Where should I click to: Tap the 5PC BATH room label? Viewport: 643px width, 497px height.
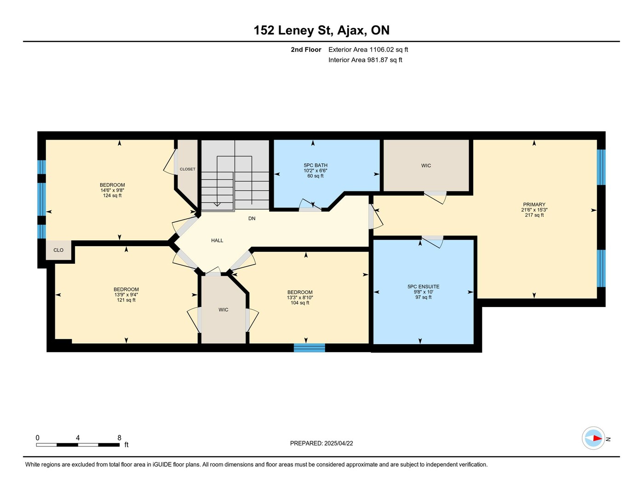(x=316, y=166)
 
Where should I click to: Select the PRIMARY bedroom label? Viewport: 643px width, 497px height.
(x=534, y=204)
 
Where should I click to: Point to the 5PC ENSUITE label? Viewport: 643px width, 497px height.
(x=423, y=287)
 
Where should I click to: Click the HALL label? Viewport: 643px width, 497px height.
(x=217, y=240)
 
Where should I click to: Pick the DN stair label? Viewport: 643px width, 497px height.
(x=252, y=219)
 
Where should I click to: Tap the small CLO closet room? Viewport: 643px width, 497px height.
(x=58, y=250)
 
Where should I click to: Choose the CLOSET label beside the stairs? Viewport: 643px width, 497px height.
(x=187, y=169)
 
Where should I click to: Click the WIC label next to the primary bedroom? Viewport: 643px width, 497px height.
(x=426, y=166)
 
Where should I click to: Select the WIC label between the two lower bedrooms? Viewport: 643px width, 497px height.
(x=224, y=310)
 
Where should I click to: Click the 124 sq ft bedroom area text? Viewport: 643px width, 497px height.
(x=112, y=196)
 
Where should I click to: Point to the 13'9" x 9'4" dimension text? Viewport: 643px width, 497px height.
(x=126, y=295)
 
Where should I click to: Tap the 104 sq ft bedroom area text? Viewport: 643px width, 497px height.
(x=300, y=303)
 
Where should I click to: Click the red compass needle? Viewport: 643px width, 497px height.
(x=597, y=438)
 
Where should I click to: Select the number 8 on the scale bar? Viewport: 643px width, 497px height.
(x=119, y=438)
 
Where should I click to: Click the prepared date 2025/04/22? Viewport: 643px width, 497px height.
(x=339, y=444)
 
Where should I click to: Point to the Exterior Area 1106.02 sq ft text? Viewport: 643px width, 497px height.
(x=368, y=49)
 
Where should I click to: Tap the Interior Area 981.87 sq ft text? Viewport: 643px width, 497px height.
(x=365, y=60)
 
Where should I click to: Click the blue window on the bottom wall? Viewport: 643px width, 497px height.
(x=309, y=348)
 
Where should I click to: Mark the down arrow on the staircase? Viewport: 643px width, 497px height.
(x=217, y=204)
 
